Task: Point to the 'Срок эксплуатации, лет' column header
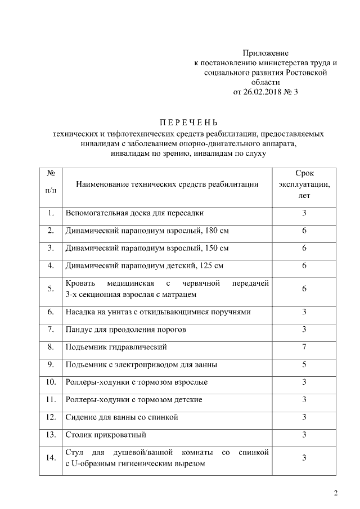pyautogui.click(x=304, y=184)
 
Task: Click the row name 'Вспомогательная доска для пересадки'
pyautogui.click(x=134, y=213)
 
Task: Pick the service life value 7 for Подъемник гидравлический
pyautogui.click(x=304, y=347)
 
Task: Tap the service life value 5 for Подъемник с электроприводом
pyautogui.click(x=304, y=364)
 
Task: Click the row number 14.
pyautogui.click(x=51, y=458)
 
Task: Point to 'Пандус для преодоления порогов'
pyautogui.click(x=125, y=330)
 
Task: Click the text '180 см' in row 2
pyautogui.click(x=216, y=231)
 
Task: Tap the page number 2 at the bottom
pyautogui.click(x=336, y=494)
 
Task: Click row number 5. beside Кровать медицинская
pyautogui.click(x=51, y=289)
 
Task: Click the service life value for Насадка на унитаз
pyautogui.click(x=304, y=312)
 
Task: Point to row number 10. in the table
pyautogui.click(x=51, y=382)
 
